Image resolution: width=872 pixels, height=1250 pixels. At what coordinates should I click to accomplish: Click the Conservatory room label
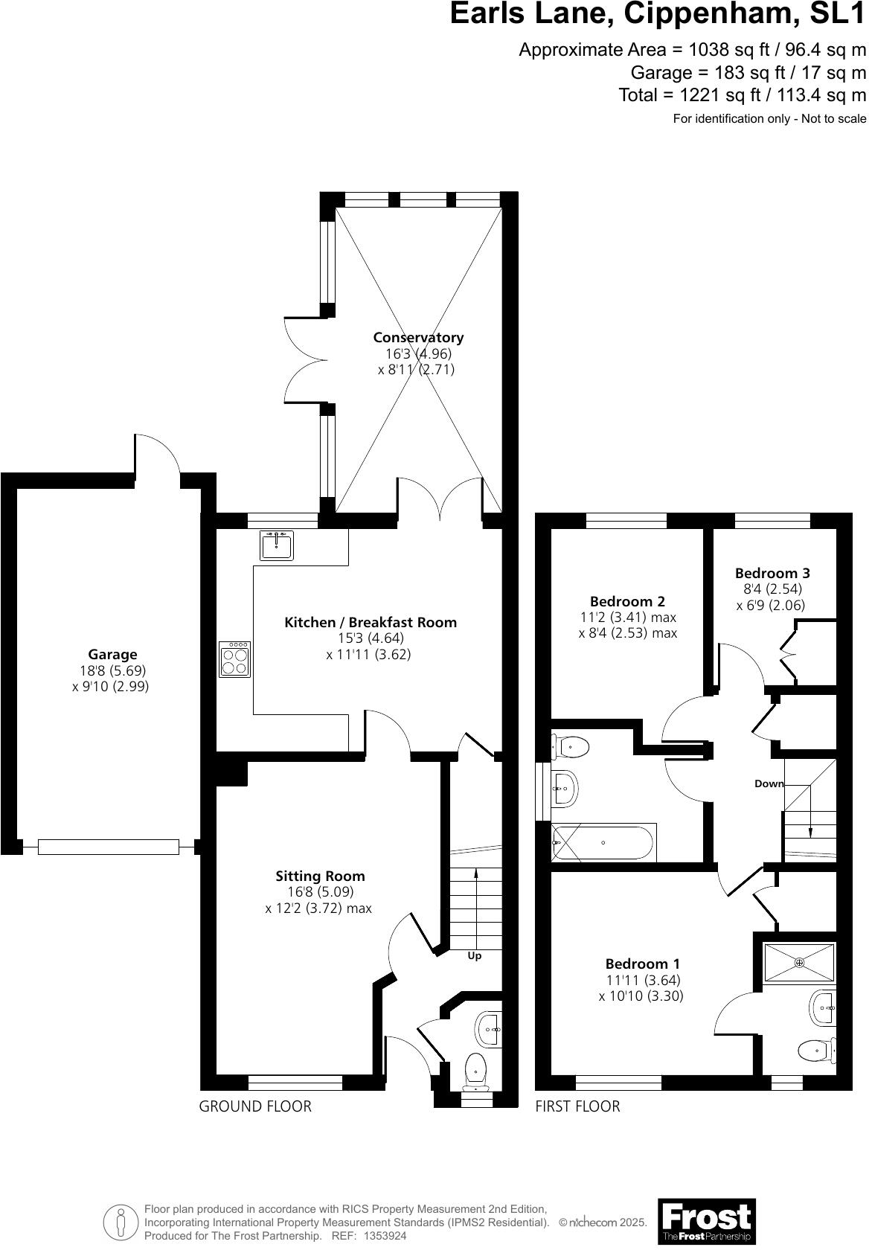click(x=418, y=338)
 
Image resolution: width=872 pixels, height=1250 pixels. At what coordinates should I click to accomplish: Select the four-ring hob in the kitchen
click(x=235, y=659)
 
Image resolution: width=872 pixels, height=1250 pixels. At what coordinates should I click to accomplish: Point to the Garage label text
click(x=112, y=655)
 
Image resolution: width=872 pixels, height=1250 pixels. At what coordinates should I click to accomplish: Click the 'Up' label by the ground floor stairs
click(x=474, y=956)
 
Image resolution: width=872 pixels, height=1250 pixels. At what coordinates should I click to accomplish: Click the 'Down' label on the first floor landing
click(x=769, y=783)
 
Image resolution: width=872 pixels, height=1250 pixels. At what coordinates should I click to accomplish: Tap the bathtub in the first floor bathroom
click(x=603, y=843)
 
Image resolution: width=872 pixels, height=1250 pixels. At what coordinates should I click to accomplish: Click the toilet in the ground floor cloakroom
click(x=475, y=1069)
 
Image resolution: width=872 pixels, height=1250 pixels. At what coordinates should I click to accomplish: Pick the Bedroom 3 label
click(x=772, y=573)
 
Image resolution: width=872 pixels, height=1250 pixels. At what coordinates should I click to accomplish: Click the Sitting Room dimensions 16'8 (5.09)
click(x=321, y=892)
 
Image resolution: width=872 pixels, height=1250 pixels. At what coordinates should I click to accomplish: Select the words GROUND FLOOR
click(x=255, y=1106)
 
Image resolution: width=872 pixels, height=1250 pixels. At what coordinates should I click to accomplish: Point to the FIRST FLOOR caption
click(x=577, y=1106)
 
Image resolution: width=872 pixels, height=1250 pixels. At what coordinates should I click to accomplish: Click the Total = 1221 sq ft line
click(x=742, y=95)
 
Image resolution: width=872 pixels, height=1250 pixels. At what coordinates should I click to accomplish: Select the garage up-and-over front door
click(x=109, y=847)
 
